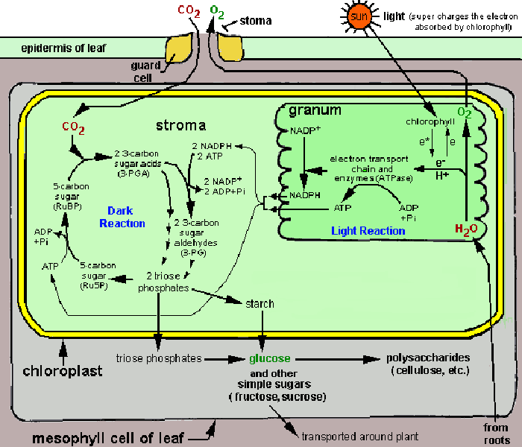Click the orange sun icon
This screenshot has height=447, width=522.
(x=357, y=16)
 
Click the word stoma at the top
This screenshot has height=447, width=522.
(x=257, y=20)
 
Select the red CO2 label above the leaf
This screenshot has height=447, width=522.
(x=188, y=11)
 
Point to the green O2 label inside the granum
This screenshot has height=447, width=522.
(x=465, y=112)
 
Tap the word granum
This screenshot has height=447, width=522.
(x=315, y=110)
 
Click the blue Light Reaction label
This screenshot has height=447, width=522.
(x=368, y=231)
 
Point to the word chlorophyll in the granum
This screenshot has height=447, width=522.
(x=429, y=121)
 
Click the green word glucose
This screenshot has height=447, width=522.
(x=270, y=358)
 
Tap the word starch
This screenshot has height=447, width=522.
(x=260, y=304)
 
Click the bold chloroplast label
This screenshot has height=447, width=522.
(x=63, y=370)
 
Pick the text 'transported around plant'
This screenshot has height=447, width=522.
(x=359, y=437)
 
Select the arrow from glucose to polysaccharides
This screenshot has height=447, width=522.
(x=336, y=359)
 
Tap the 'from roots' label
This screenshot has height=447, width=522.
(x=495, y=433)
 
